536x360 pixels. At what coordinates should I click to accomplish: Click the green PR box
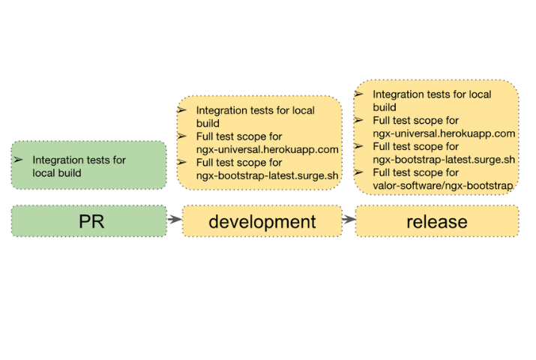[88, 221]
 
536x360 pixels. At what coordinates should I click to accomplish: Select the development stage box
[262, 221]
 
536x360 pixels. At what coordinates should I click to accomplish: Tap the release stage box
[436, 221]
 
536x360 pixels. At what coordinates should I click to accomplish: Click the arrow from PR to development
[175, 220]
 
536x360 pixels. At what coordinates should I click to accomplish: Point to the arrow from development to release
[349, 220]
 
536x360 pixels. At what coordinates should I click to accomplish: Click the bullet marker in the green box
[19, 160]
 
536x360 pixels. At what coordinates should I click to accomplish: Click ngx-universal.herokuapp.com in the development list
[262, 149]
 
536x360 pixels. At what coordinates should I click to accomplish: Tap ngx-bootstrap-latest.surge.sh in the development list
[262, 175]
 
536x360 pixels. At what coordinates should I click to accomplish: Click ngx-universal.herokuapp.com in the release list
[444, 133]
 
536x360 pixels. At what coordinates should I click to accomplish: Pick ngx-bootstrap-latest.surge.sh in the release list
[444, 160]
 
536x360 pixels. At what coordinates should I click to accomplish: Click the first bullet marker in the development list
[181, 110]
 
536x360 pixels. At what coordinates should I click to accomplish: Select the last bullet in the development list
[181, 162]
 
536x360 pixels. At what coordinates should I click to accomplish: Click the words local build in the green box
[57, 172]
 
